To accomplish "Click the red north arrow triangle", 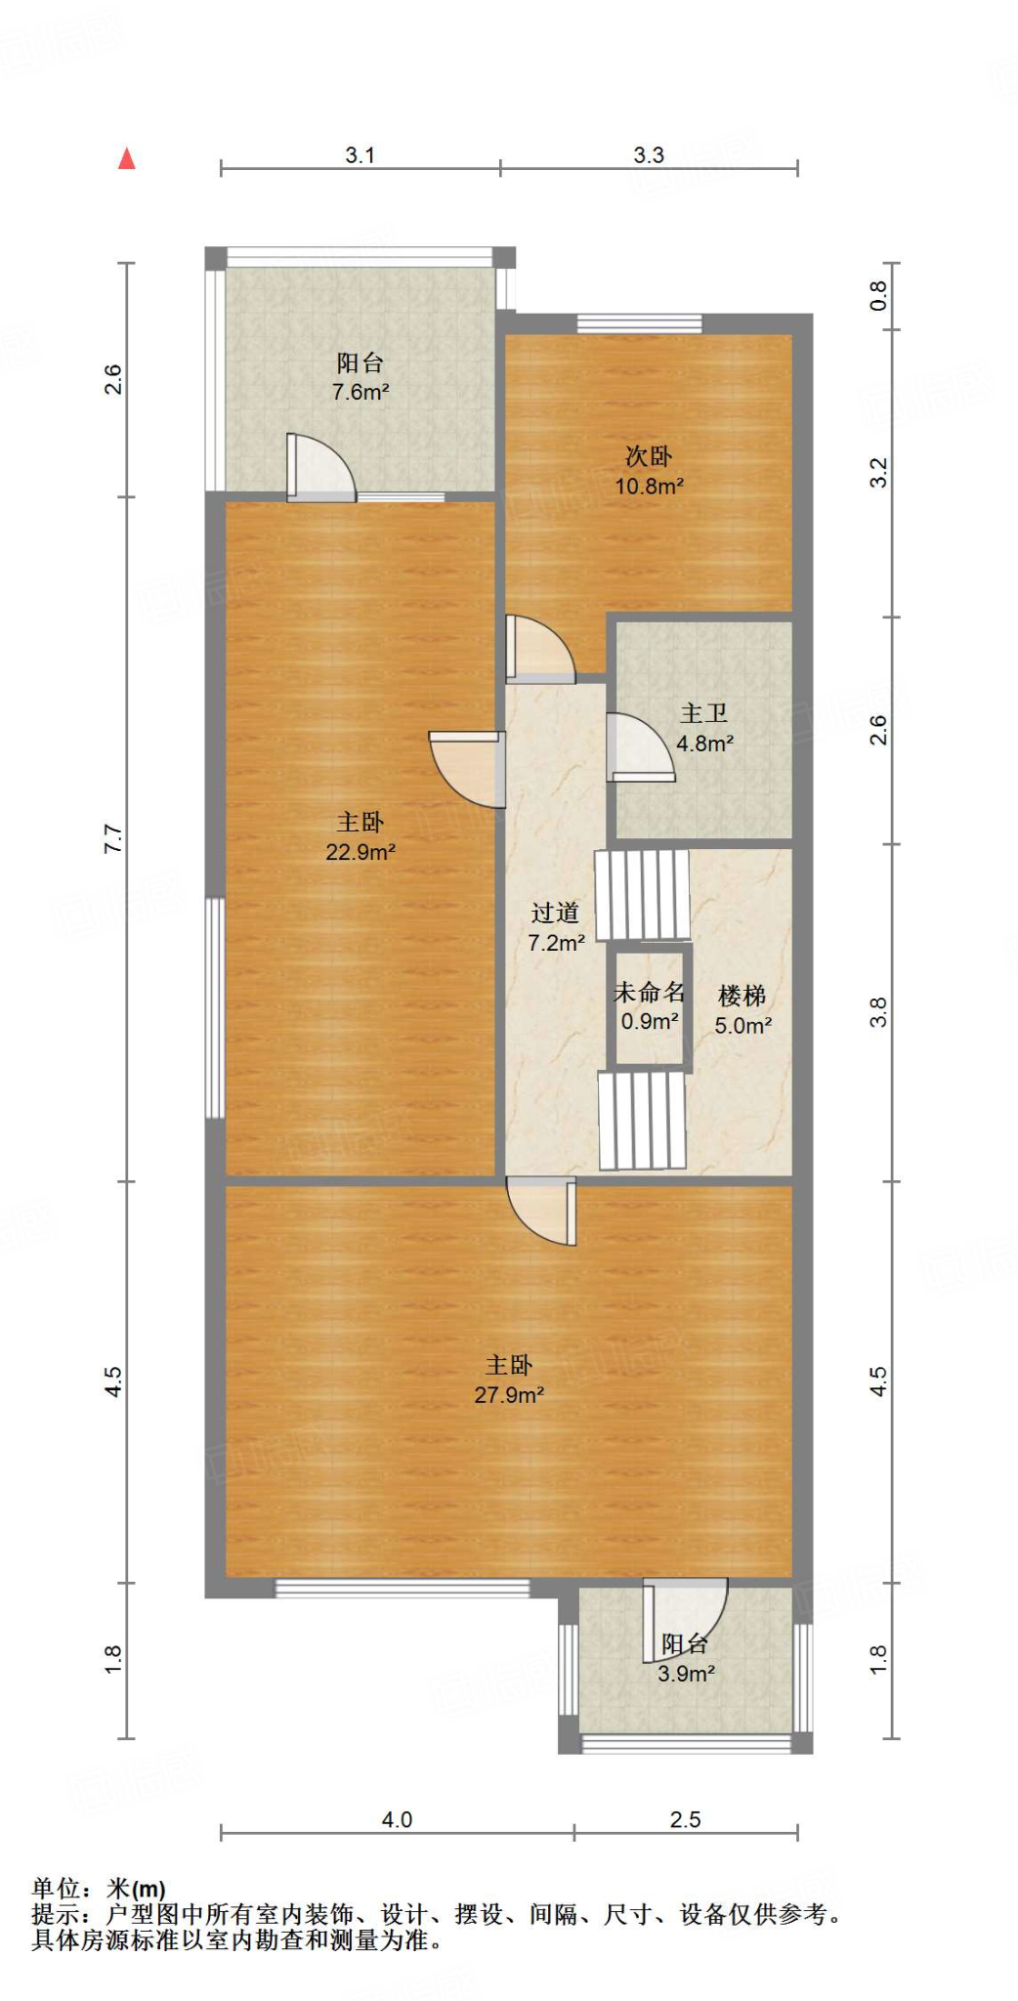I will tap(126, 158).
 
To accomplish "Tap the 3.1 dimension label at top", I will tap(360, 154).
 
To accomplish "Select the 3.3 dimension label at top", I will tap(648, 154).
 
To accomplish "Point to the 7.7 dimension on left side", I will tap(113, 838).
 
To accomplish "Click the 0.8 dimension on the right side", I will tap(878, 295).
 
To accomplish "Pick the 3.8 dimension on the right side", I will tap(878, 1011).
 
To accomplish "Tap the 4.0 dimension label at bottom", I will tap(396, 1819).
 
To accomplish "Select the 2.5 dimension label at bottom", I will tap(684, 1819).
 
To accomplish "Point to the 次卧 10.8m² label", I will tap(648, 471).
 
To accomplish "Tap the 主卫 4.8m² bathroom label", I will tap(703, 729).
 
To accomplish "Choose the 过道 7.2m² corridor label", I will tap(555, 927).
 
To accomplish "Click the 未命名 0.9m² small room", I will tap(649, 1006).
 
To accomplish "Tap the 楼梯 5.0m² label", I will tap(742, 1010).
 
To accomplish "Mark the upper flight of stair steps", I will tap(642, 895).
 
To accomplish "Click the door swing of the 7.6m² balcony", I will tap(320, 467).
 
